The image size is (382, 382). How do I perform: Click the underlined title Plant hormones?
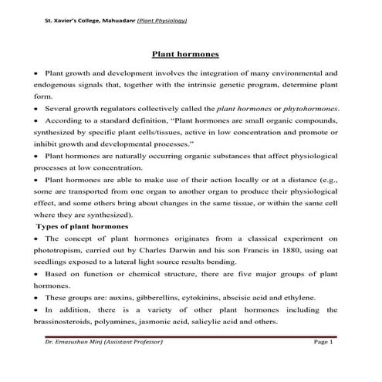point(191,55)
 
